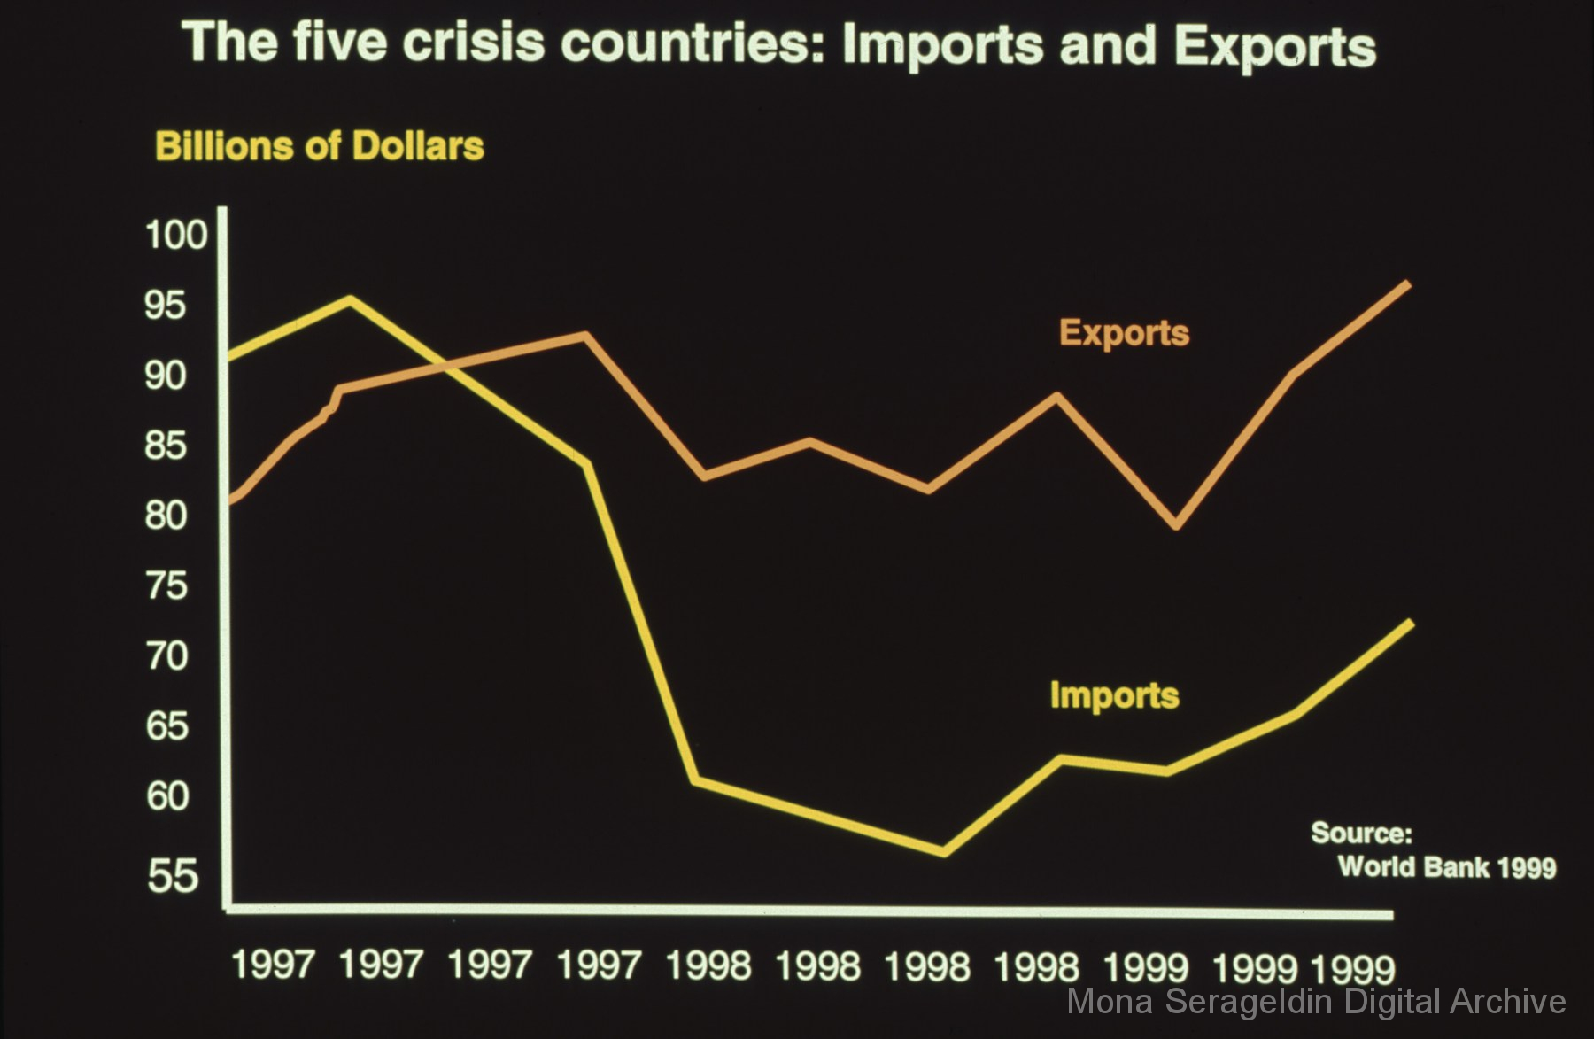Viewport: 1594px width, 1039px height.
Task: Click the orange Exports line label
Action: (x=1124, y=333)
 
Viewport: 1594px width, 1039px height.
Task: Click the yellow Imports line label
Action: (x=1114, y=695)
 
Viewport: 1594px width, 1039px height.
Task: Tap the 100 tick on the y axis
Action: (x=176, y=236)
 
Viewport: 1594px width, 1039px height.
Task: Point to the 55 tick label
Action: (x=174, y=876)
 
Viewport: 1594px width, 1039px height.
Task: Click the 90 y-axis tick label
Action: (x=166, y=376)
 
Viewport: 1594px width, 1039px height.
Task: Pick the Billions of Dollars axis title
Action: (x=320, y=146)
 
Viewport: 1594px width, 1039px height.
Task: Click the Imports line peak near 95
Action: (x=351, y=299)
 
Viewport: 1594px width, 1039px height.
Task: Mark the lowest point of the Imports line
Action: (x=943, y=853)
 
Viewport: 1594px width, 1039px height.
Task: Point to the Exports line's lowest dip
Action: (x=1176, y=526)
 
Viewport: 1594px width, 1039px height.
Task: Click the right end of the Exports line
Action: (x=1408, y=284)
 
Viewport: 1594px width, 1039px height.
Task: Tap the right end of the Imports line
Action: (x=1410, y=624)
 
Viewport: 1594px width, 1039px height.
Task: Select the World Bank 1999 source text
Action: (x=1446, y=866)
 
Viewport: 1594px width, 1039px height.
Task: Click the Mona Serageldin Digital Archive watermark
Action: (x=1316, y=1002)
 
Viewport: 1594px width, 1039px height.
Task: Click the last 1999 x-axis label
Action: (x=1353, y=968)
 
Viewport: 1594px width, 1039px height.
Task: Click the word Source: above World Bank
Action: (x=1361, y=834)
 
